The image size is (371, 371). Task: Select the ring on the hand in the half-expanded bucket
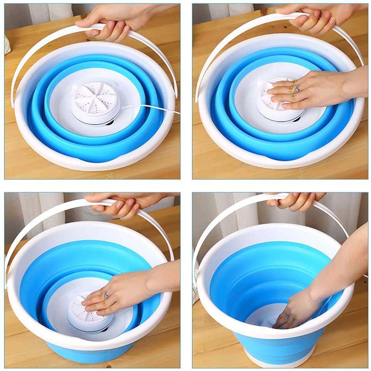click(x=106, y=295)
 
